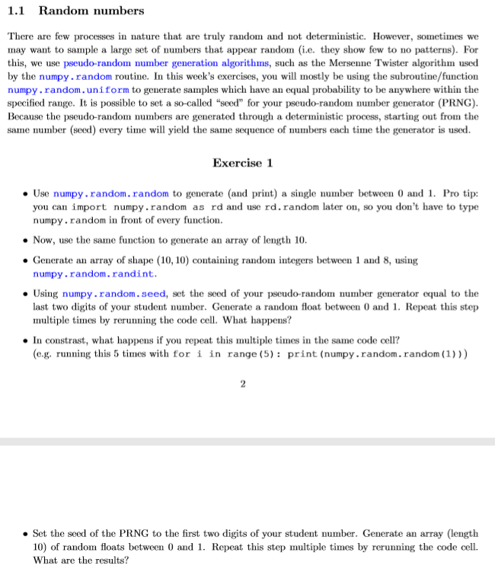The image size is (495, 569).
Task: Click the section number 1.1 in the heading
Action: (x=17, y=11)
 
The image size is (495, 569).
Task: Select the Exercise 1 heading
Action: (x=243, y=164)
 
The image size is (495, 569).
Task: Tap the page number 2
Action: (x=243, y=384)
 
